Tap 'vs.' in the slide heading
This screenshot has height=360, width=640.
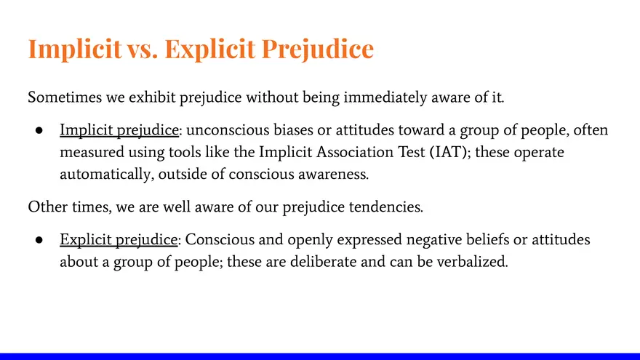point(140,49)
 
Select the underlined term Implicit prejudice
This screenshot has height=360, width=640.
point(119,131)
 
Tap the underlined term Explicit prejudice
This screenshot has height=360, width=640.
point(119,240)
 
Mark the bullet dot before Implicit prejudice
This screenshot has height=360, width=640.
point(40,132)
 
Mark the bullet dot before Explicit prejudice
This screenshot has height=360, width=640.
point(40,241)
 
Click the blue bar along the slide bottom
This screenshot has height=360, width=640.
point(320,356)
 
